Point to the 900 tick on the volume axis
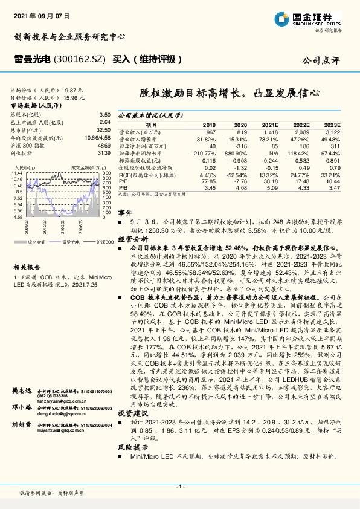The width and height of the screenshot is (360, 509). (x=106, y=173)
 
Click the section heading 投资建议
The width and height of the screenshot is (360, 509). (x=130, y=412)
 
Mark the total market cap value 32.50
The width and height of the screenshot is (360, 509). (x=103, y=129)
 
